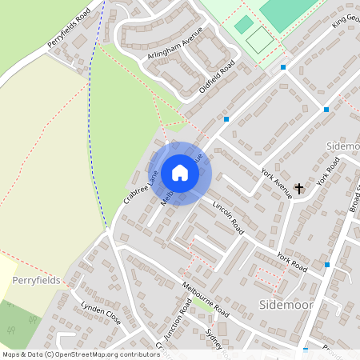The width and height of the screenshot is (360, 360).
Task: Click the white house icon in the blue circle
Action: point(180,172)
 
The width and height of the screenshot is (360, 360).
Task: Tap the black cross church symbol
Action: point(299,189)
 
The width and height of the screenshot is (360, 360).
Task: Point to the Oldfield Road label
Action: point(217,77)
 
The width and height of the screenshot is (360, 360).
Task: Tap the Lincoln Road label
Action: point(227,216)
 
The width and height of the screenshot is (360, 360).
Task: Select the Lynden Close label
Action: point(101,313)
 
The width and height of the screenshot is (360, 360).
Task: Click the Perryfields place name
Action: point(37,281)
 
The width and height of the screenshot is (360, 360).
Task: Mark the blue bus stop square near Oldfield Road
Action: point(226,119)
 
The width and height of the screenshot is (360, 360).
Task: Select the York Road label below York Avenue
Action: point(292,262)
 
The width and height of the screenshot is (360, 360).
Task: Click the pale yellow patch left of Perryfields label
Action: point(6,276)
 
